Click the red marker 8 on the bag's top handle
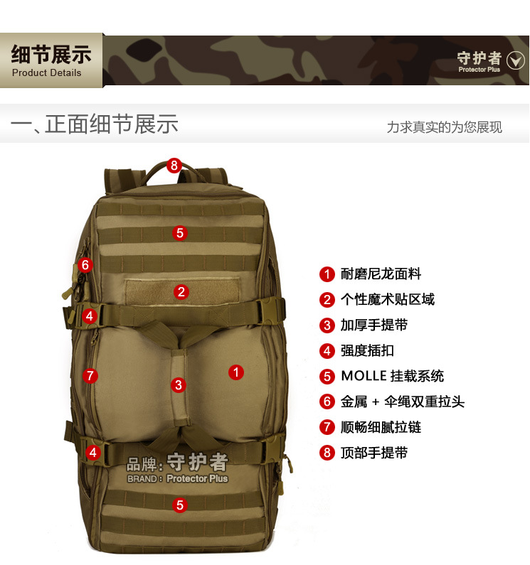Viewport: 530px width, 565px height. (x=174, y=166)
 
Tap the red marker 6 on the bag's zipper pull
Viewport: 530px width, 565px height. (x=85, y=265)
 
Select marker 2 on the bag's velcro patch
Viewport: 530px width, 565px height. (x=181, y=291)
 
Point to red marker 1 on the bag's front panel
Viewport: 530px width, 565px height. (x=236, y=371)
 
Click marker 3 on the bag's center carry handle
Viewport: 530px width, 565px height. (x=178, y=385)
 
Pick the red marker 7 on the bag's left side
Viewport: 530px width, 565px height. (x=90, y=376)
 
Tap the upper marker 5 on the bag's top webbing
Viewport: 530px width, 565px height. (x=180, y=232)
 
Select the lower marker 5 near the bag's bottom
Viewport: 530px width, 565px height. (x=180, y=505)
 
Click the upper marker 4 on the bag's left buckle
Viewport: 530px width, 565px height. (x=89, y=316)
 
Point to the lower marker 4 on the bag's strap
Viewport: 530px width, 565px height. (x=93, y=452)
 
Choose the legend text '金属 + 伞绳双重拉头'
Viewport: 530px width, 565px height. (x=402, y=402)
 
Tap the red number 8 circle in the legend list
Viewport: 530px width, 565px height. (x=327, y=453)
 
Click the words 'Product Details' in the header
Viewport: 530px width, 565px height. (x=47, y=72)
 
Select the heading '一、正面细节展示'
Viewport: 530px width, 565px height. (x=94, y=124)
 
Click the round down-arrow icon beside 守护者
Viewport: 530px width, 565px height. (x=515, y=61)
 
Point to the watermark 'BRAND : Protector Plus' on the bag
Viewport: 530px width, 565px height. (x=178, y=479)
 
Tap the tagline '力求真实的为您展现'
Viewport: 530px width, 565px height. (x=444, y=127)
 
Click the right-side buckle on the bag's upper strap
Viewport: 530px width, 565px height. (x=274, y=311)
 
